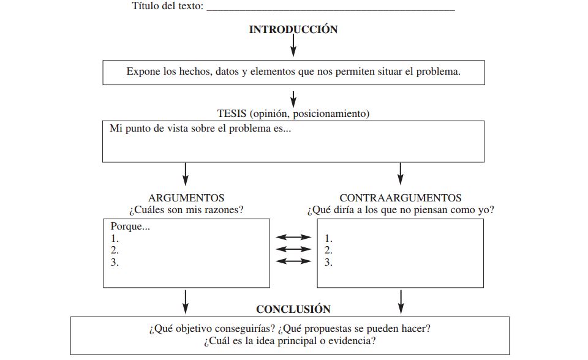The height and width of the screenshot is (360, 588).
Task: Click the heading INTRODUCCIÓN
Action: pos(293,29)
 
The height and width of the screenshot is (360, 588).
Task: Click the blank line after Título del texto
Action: pos(331,8)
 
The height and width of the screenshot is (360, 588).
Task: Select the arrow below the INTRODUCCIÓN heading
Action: pos(293,46)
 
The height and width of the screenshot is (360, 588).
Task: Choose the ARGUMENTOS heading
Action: pos(186,198)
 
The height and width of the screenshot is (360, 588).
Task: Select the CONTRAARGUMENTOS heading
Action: pos(401,198)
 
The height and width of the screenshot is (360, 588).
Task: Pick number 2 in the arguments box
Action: pos(115,250)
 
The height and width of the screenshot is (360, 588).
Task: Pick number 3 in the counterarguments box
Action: pos(328,262)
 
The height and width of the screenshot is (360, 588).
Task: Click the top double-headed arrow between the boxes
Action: pos(293,238)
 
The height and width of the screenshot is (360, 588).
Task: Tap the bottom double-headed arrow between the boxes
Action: pos(293,261)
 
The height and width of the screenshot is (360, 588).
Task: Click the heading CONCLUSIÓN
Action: pos(293,309)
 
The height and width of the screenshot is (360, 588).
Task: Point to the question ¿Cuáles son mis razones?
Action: pos(186,210)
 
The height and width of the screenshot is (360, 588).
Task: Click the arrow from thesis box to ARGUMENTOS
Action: pos(186,174)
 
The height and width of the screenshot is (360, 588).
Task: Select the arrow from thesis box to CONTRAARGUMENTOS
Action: pos(401,174)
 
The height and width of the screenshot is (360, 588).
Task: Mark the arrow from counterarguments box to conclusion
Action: pos(401,301)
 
